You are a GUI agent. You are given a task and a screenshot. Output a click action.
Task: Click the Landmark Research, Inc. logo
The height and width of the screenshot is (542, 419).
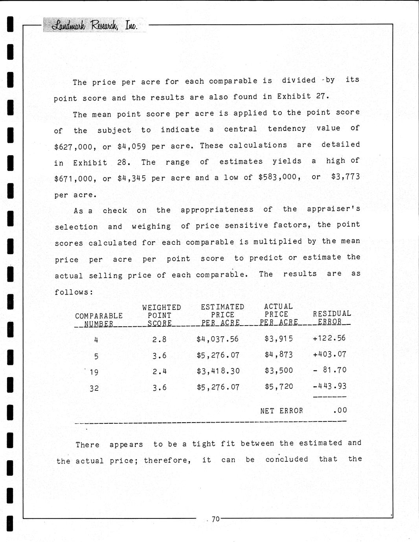pyautogui.click(x=94, y=26)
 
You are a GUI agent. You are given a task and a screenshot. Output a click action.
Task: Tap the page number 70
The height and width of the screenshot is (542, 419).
pyautogui.click(x=216, y=519)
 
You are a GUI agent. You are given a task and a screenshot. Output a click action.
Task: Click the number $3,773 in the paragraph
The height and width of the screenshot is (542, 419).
pyautogui.click(x=345, y=177)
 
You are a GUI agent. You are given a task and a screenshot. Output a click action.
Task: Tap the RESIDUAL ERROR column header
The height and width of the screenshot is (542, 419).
pyautogui.click(x=331, y=318)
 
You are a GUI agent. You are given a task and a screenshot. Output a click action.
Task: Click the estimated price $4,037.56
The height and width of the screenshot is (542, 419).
pyautogui.click(x=217, y=339)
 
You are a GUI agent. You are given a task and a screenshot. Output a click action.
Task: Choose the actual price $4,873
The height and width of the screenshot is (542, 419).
pyautogui.click(x=279, y=355)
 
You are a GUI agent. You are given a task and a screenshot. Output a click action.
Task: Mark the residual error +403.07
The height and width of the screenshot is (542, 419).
pyautogui.click(x=329, y=354)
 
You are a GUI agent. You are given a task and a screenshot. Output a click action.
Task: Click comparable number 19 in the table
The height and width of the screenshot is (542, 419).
pyautogui.click(x=94, y=372)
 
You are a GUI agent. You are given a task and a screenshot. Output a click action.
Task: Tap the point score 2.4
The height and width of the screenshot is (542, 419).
pyautogui.click(x=159, y=371)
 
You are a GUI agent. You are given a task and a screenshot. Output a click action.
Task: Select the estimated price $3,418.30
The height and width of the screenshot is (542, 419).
pyautogui.click(x=218, y=371)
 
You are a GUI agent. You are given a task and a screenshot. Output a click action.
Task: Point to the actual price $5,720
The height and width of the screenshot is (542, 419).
pyautogui.click(x=279, y=386)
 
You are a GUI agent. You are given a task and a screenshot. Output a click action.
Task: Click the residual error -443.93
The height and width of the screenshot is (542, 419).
pyautogui.click(x=329, y=386)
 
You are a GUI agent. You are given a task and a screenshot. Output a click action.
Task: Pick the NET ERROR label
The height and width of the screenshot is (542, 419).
pyautogui.click(x=281, y=411)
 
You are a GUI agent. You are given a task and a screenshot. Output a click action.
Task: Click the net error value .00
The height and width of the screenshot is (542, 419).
pyautogui.click(x=340, y=410)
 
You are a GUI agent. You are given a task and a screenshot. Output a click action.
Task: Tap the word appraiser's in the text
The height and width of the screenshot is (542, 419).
pyautogui.click(x=333, y=209)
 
